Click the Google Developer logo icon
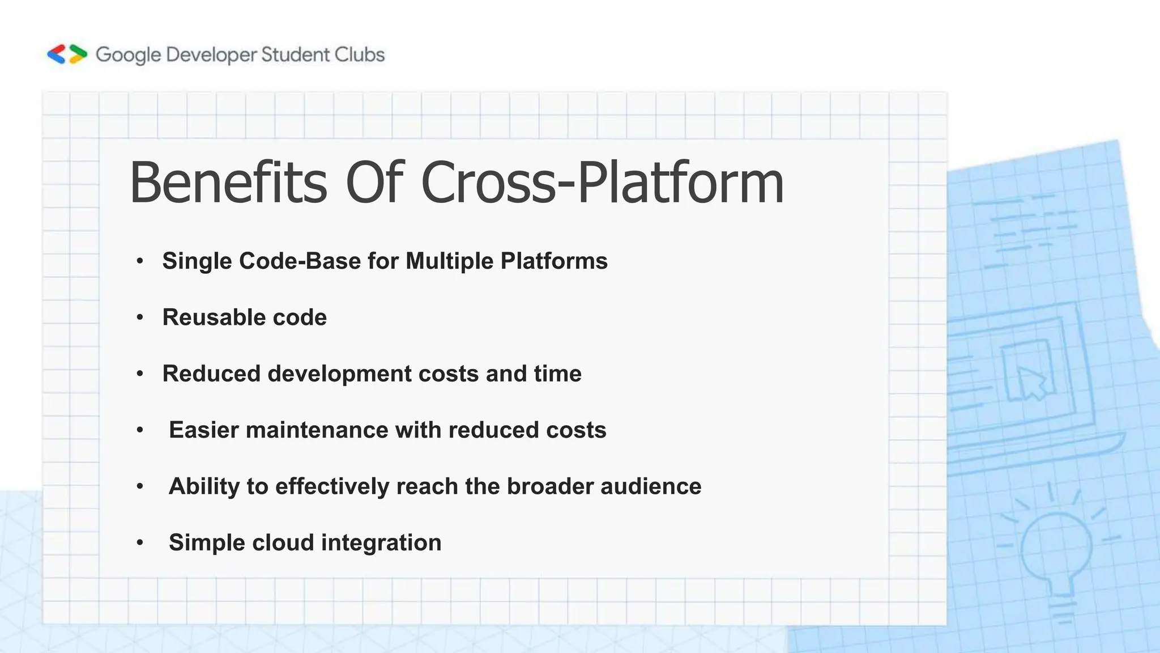67,54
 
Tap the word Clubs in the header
359,54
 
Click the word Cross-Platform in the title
602,183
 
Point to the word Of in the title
374,183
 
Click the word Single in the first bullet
197,261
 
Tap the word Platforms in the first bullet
554,261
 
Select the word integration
381,542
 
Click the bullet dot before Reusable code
140,317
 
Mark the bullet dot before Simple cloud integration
140,542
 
